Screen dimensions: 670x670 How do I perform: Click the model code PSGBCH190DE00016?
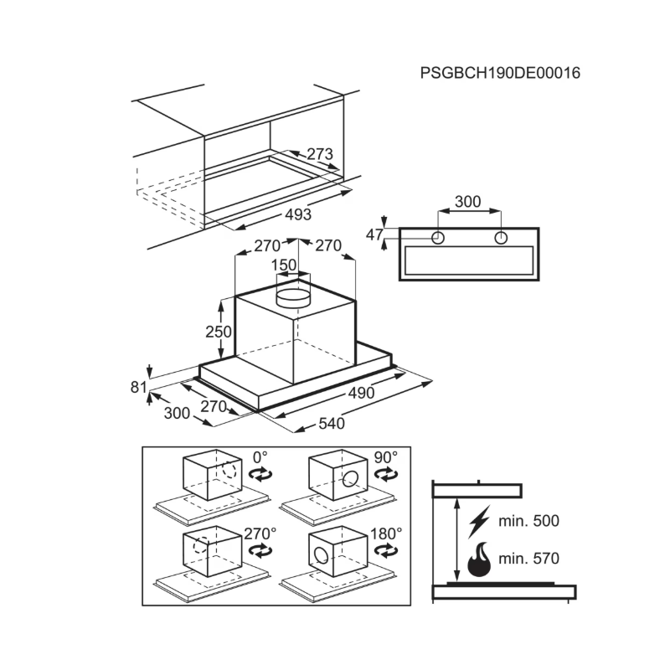pos(500,73)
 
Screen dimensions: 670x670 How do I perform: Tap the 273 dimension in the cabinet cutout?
pos(320,154)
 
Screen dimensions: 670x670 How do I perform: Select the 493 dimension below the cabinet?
pos(298,214)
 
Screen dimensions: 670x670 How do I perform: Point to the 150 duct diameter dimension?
pos(284,265)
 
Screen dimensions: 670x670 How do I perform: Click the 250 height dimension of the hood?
pos(219,332)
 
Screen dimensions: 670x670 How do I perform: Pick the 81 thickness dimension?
pos(138,387)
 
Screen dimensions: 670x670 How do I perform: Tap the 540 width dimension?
pos(332,424)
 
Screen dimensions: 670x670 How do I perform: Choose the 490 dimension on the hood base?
pos(362,393)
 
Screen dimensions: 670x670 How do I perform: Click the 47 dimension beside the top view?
pos(374,234)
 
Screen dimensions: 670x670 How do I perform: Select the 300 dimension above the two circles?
pos(468,201)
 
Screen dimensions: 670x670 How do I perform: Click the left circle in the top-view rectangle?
pos(437,238)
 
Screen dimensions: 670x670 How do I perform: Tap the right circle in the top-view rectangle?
pos(501,238)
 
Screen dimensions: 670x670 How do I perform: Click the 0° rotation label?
pos(260,457)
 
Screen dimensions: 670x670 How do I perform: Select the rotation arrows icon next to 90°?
pos(386,474)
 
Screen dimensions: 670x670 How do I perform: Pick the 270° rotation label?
pos(260,533)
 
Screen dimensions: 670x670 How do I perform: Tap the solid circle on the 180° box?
pos(321,555)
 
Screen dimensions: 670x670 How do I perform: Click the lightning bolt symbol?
pos(479,522)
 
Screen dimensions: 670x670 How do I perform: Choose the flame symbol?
pos(479,559)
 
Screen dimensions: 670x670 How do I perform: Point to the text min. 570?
pos(528,559)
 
